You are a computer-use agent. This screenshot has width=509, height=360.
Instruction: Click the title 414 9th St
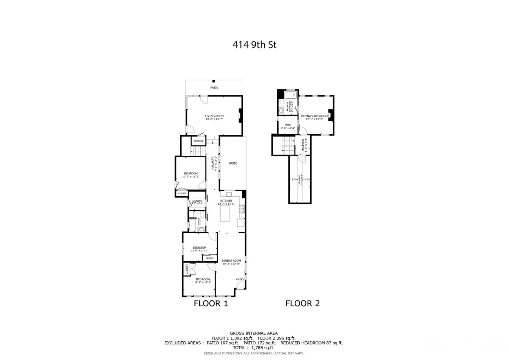254,45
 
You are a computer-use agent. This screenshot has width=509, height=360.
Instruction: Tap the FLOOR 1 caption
211,303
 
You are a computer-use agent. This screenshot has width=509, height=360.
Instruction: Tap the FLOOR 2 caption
303,303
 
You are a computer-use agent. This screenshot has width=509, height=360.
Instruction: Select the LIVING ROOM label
214,116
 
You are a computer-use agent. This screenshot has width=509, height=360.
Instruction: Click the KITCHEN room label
226,201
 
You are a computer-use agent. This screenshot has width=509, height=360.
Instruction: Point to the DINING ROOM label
232,261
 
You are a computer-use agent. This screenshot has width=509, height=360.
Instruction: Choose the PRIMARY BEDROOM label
314,116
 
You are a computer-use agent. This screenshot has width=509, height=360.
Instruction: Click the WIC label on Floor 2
288,125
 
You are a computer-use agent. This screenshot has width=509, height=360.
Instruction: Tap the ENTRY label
240,280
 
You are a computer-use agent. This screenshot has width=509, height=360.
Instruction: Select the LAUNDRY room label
197,201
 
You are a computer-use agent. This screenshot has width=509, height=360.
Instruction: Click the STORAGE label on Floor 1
198,141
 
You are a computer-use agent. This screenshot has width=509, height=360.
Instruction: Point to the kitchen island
225,214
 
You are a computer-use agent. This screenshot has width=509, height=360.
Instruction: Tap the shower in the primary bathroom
291,94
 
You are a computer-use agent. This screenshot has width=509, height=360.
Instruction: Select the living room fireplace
240,115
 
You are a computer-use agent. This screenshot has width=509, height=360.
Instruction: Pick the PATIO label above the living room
214,88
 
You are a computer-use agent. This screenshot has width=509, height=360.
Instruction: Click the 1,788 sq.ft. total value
263,348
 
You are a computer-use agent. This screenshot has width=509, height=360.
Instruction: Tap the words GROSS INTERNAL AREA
253,333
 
